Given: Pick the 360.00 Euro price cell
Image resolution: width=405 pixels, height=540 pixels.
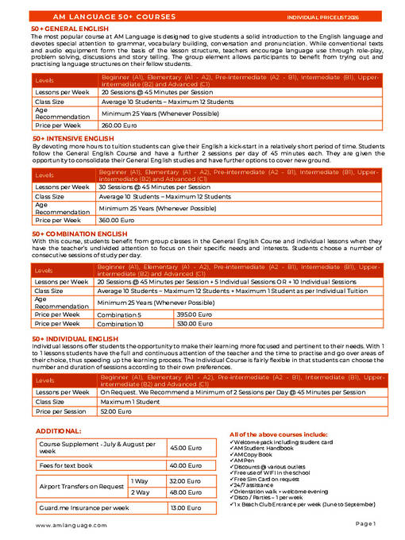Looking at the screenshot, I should (x=114, y=220).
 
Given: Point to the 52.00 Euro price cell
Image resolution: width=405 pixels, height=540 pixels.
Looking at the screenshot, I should (x=115, y=411).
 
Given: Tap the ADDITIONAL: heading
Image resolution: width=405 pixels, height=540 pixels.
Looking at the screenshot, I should (x=59, y=430).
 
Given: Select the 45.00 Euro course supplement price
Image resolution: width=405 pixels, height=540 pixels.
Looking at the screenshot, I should (x=185, y=448).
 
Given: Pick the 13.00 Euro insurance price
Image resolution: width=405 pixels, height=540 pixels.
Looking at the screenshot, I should (x=185, y=507).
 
